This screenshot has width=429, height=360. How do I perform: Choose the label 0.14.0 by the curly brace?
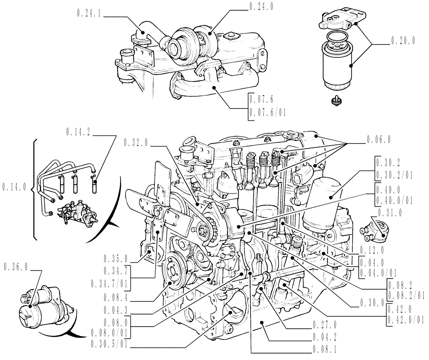pyautogui.click(x=14, y=187)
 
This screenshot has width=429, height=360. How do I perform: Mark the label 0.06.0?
pyautogui.click(x=378, y=140)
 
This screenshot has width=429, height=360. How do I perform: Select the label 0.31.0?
pyautogui.click(x=390, y=212)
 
